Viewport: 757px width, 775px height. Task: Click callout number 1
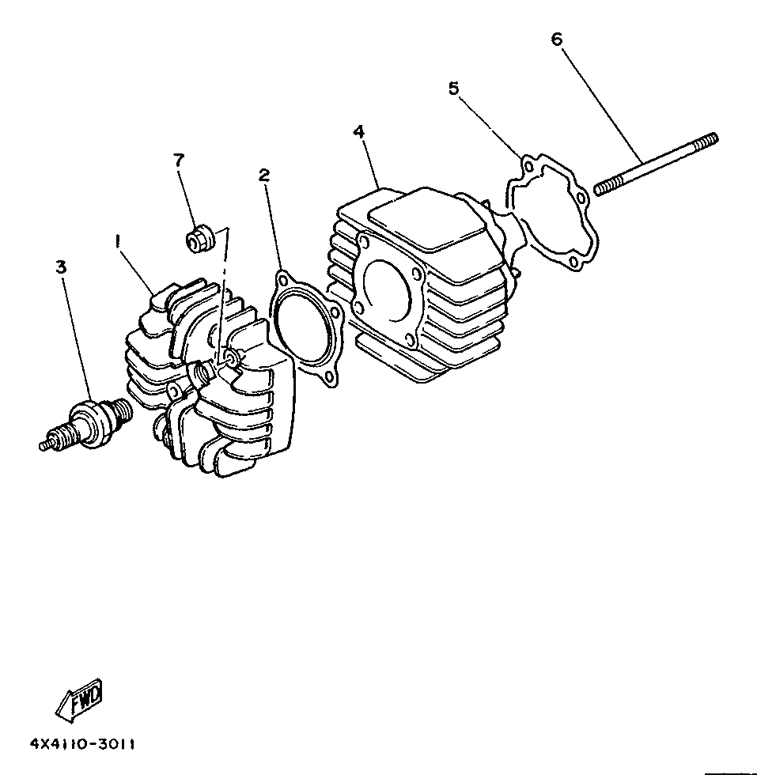(x=118, y=242)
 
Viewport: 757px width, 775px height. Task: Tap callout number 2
(x=264, y=175)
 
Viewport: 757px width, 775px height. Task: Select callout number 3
(x=61, y=267)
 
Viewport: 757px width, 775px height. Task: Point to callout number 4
(x=359, y=132)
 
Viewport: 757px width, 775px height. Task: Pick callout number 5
(x=453, y=89)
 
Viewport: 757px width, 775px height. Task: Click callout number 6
(x=557, y=39)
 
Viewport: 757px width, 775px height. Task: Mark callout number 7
(x=179, y=160)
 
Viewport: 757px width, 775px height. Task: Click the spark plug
(x=86, y=424)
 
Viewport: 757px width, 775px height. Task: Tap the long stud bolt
(x=656, y=164)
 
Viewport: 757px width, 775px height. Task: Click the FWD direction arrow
(x=80, y=699)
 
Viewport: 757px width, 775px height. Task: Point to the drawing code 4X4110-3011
(x=82, y=744)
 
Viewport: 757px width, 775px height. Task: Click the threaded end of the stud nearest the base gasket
(x=604, y=187)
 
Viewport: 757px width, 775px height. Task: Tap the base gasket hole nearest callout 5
(x=528, y=167)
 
